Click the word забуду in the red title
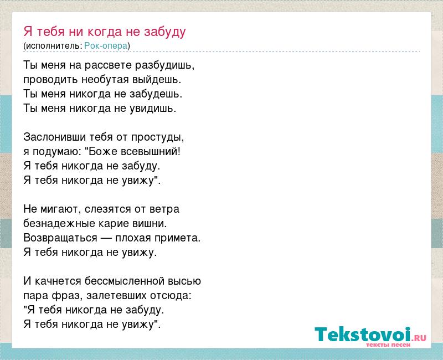pyautogui.click(x=164, y=32)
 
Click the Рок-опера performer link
pyautogui.click(x=106, y=45)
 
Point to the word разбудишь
pyautogui.click(x=164, y=66)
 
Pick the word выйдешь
pyautogui.click(x=156, y=80)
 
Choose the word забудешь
pyautogui.click(x=156, y=94)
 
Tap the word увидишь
pyautogui.click(x=153, y=109)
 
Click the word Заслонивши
pyautogui.click(x=55, y=137)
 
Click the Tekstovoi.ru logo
pyautogui.click(x=370, y=336)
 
